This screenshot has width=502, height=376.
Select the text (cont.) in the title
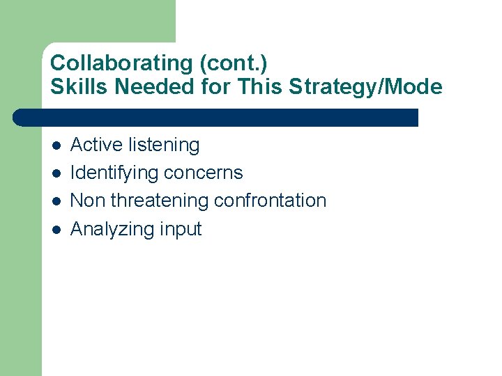[234, 63]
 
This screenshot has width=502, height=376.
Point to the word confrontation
[271, 201]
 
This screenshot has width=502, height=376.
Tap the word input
[180, 230]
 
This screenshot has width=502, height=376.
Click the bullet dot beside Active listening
[55, 146]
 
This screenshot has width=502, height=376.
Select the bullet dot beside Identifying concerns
[55, 173]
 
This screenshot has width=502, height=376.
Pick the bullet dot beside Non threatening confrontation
[55, 201]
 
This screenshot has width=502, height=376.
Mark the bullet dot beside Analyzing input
[55, 229]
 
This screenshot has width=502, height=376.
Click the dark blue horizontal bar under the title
[216, 117]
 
